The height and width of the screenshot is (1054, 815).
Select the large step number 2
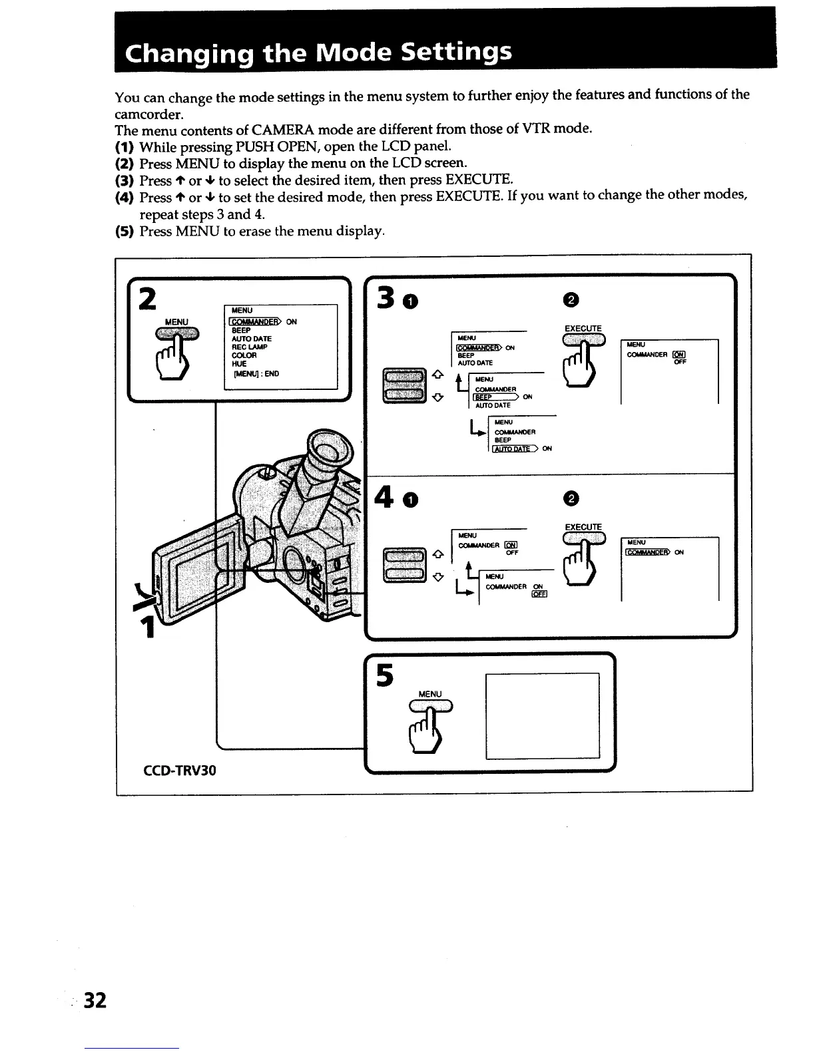(148, 299)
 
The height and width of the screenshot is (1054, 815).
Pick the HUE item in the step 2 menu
(239, 364)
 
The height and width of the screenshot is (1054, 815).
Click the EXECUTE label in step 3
(583, 328)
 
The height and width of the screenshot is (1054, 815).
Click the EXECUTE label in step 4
(583, 527)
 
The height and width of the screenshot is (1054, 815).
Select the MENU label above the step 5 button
(429, 694)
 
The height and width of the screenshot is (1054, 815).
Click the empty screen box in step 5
(543, 715)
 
